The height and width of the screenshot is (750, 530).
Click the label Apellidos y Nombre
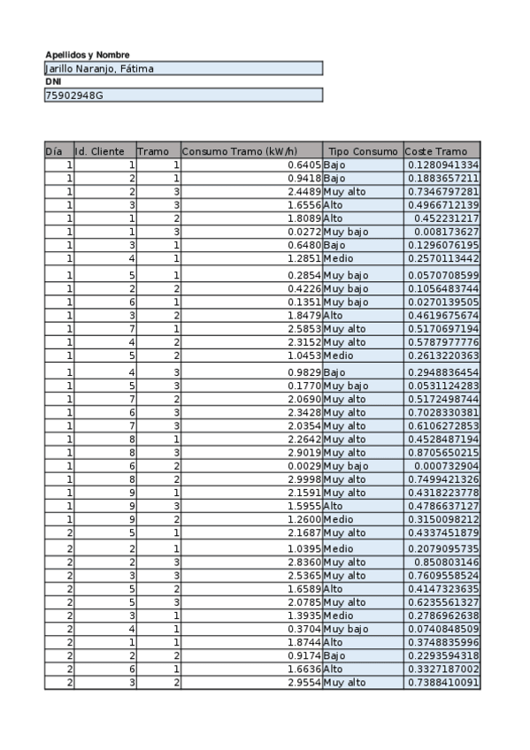pos(88,55)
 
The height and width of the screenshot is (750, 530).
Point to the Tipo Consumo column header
pos(363,151)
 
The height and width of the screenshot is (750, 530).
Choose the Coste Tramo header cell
pos(435,151)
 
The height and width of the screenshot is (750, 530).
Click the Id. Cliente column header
pos(99,151)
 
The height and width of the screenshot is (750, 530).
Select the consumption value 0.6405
pos(304,165)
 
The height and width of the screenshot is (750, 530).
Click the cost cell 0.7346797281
pos(442,192)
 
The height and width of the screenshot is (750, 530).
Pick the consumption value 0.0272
pos(304,232)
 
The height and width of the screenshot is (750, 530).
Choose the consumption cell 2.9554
pos(304,683)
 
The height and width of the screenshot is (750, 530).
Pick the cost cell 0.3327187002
pos(442,670)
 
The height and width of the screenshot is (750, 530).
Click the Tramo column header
pos(153,151)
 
